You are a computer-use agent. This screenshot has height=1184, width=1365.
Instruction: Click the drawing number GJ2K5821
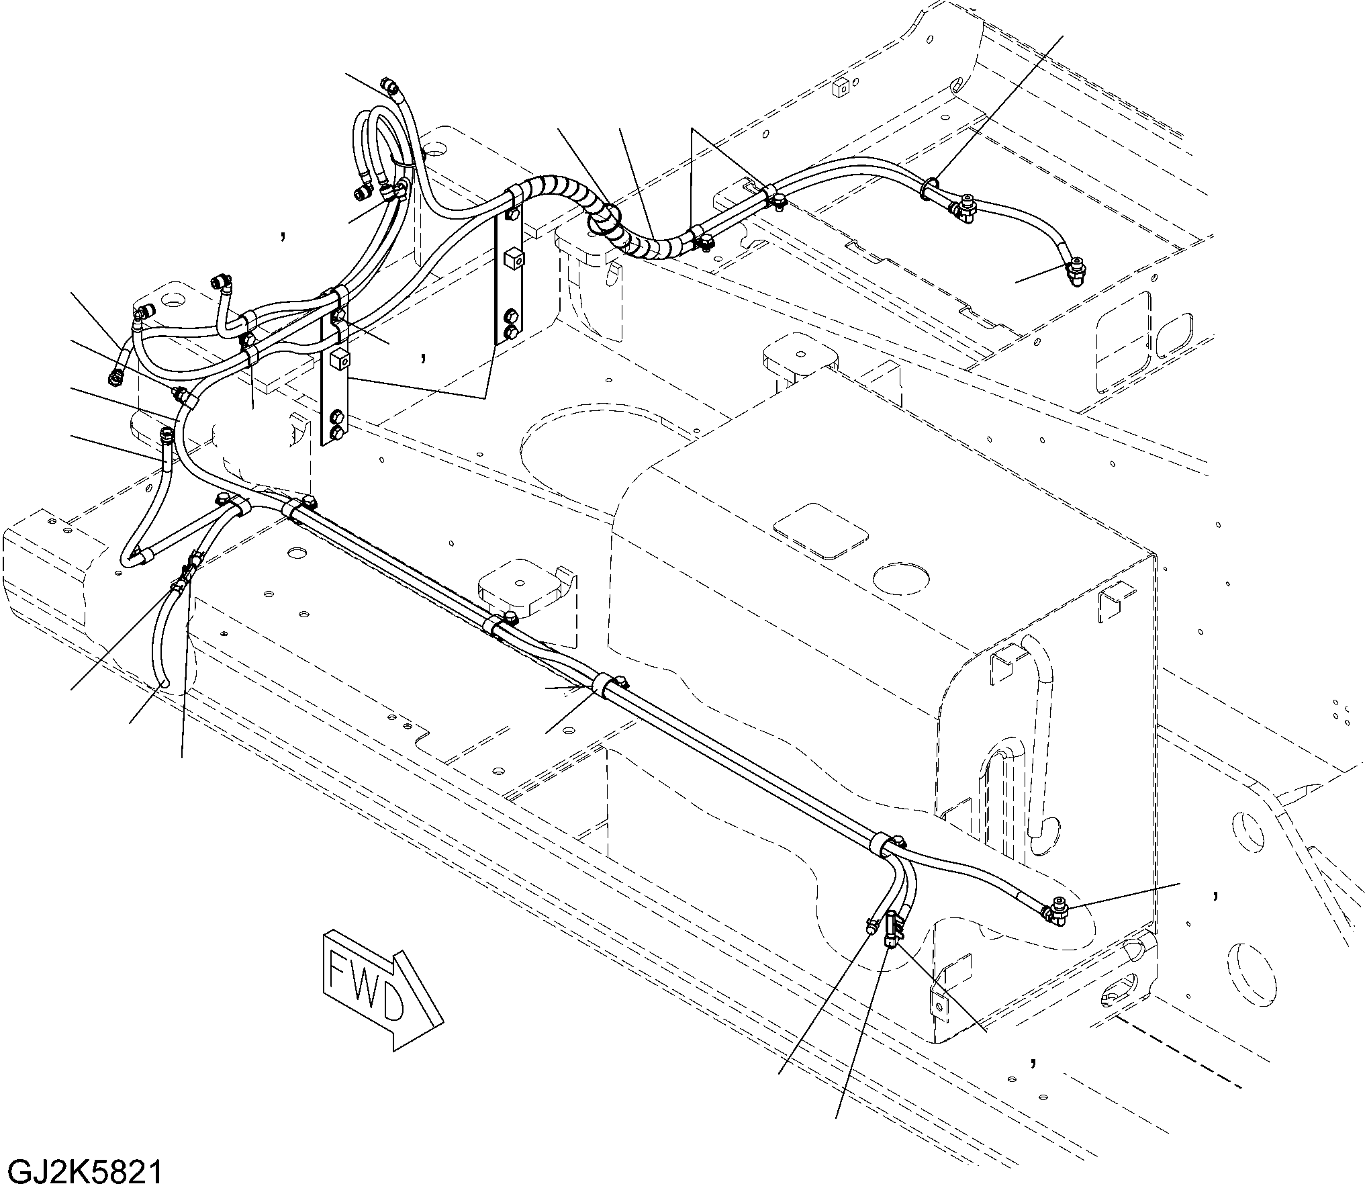coord(81,1169)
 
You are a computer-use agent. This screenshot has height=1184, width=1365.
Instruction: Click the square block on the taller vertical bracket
coord(513,259)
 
